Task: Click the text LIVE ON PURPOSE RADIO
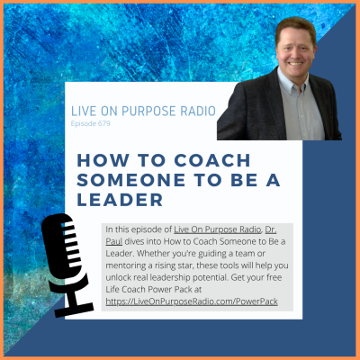(142, 110)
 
